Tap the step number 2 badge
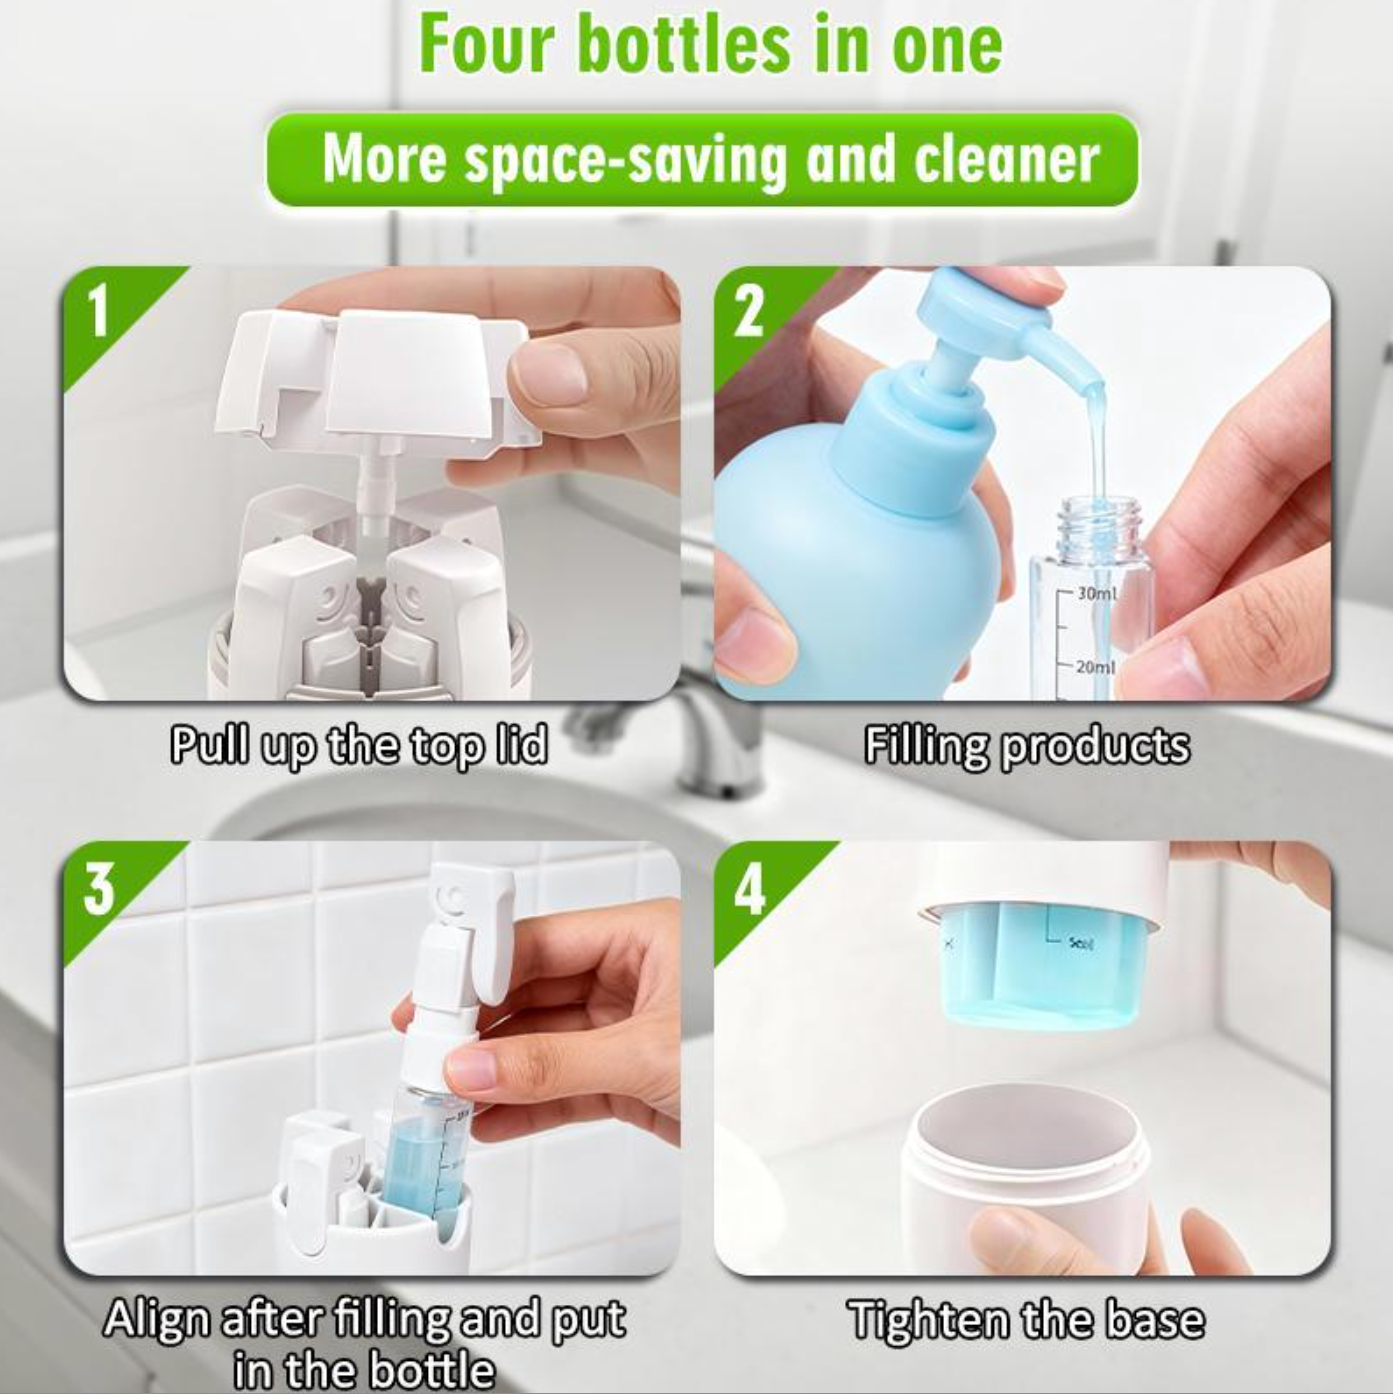pyautogui.click(x=750, y=313)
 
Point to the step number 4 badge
pyautogui.click(x=750, y=889)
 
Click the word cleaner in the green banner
pyautogui.click(x=1006, y=159)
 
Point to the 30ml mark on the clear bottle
pyautogui.click(x=1096, y=594)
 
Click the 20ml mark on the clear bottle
pyautogui.click(x=1095, y=666)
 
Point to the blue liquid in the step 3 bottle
pyautogui.click(x=415, y=1173)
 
